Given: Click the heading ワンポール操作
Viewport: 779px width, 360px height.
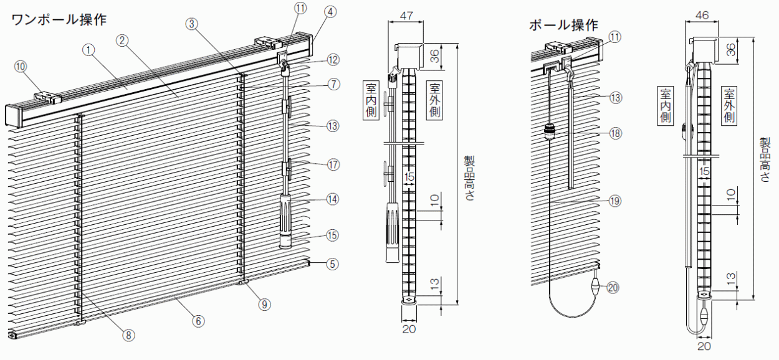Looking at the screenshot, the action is (59, 19).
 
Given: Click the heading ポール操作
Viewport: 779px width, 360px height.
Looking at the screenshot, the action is (563, 25).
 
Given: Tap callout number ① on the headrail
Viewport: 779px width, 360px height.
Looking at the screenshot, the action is (88, 50).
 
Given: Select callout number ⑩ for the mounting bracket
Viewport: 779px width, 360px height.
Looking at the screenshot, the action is (21, 67).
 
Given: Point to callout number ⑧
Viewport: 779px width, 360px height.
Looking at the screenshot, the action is (128, 335).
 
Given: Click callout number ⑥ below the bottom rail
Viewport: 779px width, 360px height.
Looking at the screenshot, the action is (199, 321).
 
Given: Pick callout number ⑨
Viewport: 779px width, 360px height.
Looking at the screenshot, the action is (264, 305).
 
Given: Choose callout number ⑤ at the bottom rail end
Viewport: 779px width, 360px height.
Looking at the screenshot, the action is (332, 264).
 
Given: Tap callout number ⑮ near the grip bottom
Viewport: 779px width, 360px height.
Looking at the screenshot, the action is (332, 235).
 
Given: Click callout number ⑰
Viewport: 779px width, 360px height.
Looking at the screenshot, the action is (333, 164).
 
